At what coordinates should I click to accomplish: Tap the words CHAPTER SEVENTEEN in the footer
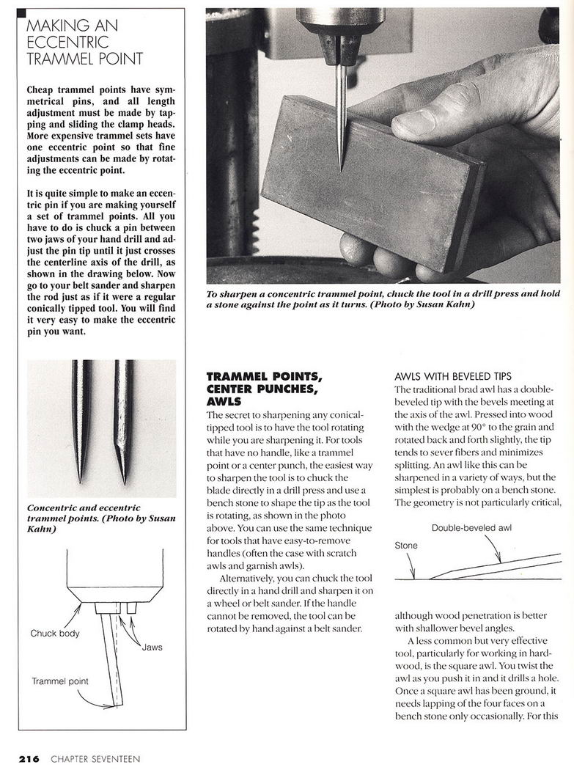click(95, 759)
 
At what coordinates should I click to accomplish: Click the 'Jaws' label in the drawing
click(152, 648)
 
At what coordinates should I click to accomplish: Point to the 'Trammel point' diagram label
click(59, 681)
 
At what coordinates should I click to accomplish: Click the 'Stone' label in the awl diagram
click(405, 546)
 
